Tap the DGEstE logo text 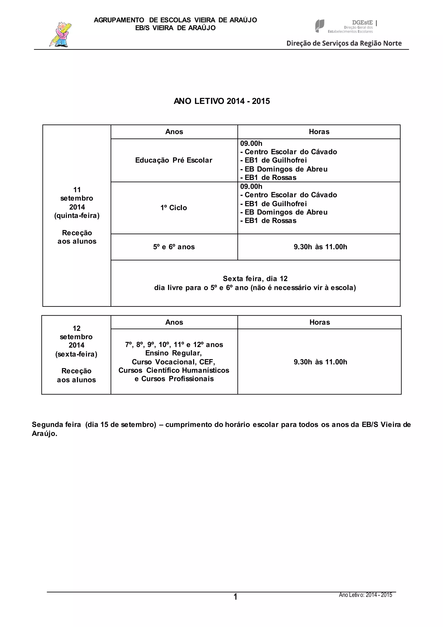362,23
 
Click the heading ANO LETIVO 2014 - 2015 221,101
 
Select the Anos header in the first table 174,132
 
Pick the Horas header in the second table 319,322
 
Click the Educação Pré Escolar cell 173,160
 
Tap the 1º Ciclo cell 173,208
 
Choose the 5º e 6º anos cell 174,247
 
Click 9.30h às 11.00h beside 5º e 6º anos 320,247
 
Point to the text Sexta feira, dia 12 255,279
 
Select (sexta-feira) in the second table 76,354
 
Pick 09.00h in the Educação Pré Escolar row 251,143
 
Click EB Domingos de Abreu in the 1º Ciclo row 286,212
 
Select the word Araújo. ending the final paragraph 45,434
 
